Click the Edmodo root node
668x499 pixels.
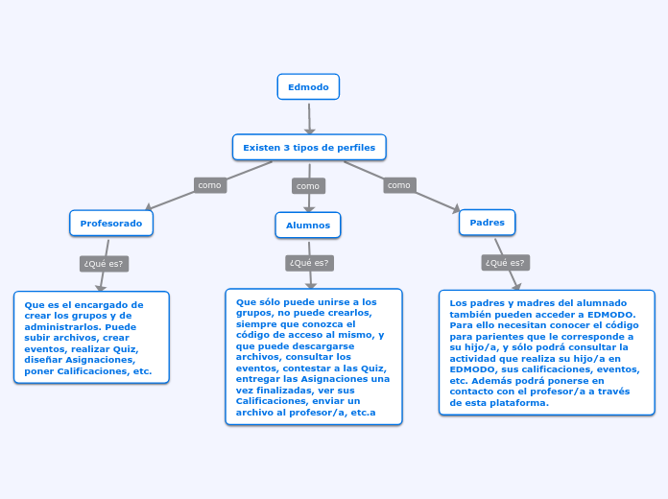(308, 87)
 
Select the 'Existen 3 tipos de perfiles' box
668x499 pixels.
(309, 148)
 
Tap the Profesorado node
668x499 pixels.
(111, 224)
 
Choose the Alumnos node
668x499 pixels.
(308, 226)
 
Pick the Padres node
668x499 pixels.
(488, 223)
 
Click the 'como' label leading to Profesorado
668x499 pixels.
(209, 185)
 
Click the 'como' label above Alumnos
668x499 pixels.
(308, 186)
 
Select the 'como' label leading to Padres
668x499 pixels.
(399, 185)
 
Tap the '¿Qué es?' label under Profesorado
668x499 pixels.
(105, 264)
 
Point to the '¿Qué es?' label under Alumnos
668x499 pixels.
(309, 263)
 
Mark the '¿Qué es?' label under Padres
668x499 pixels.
(505, 263)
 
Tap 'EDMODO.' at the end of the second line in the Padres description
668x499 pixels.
(612, 314)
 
